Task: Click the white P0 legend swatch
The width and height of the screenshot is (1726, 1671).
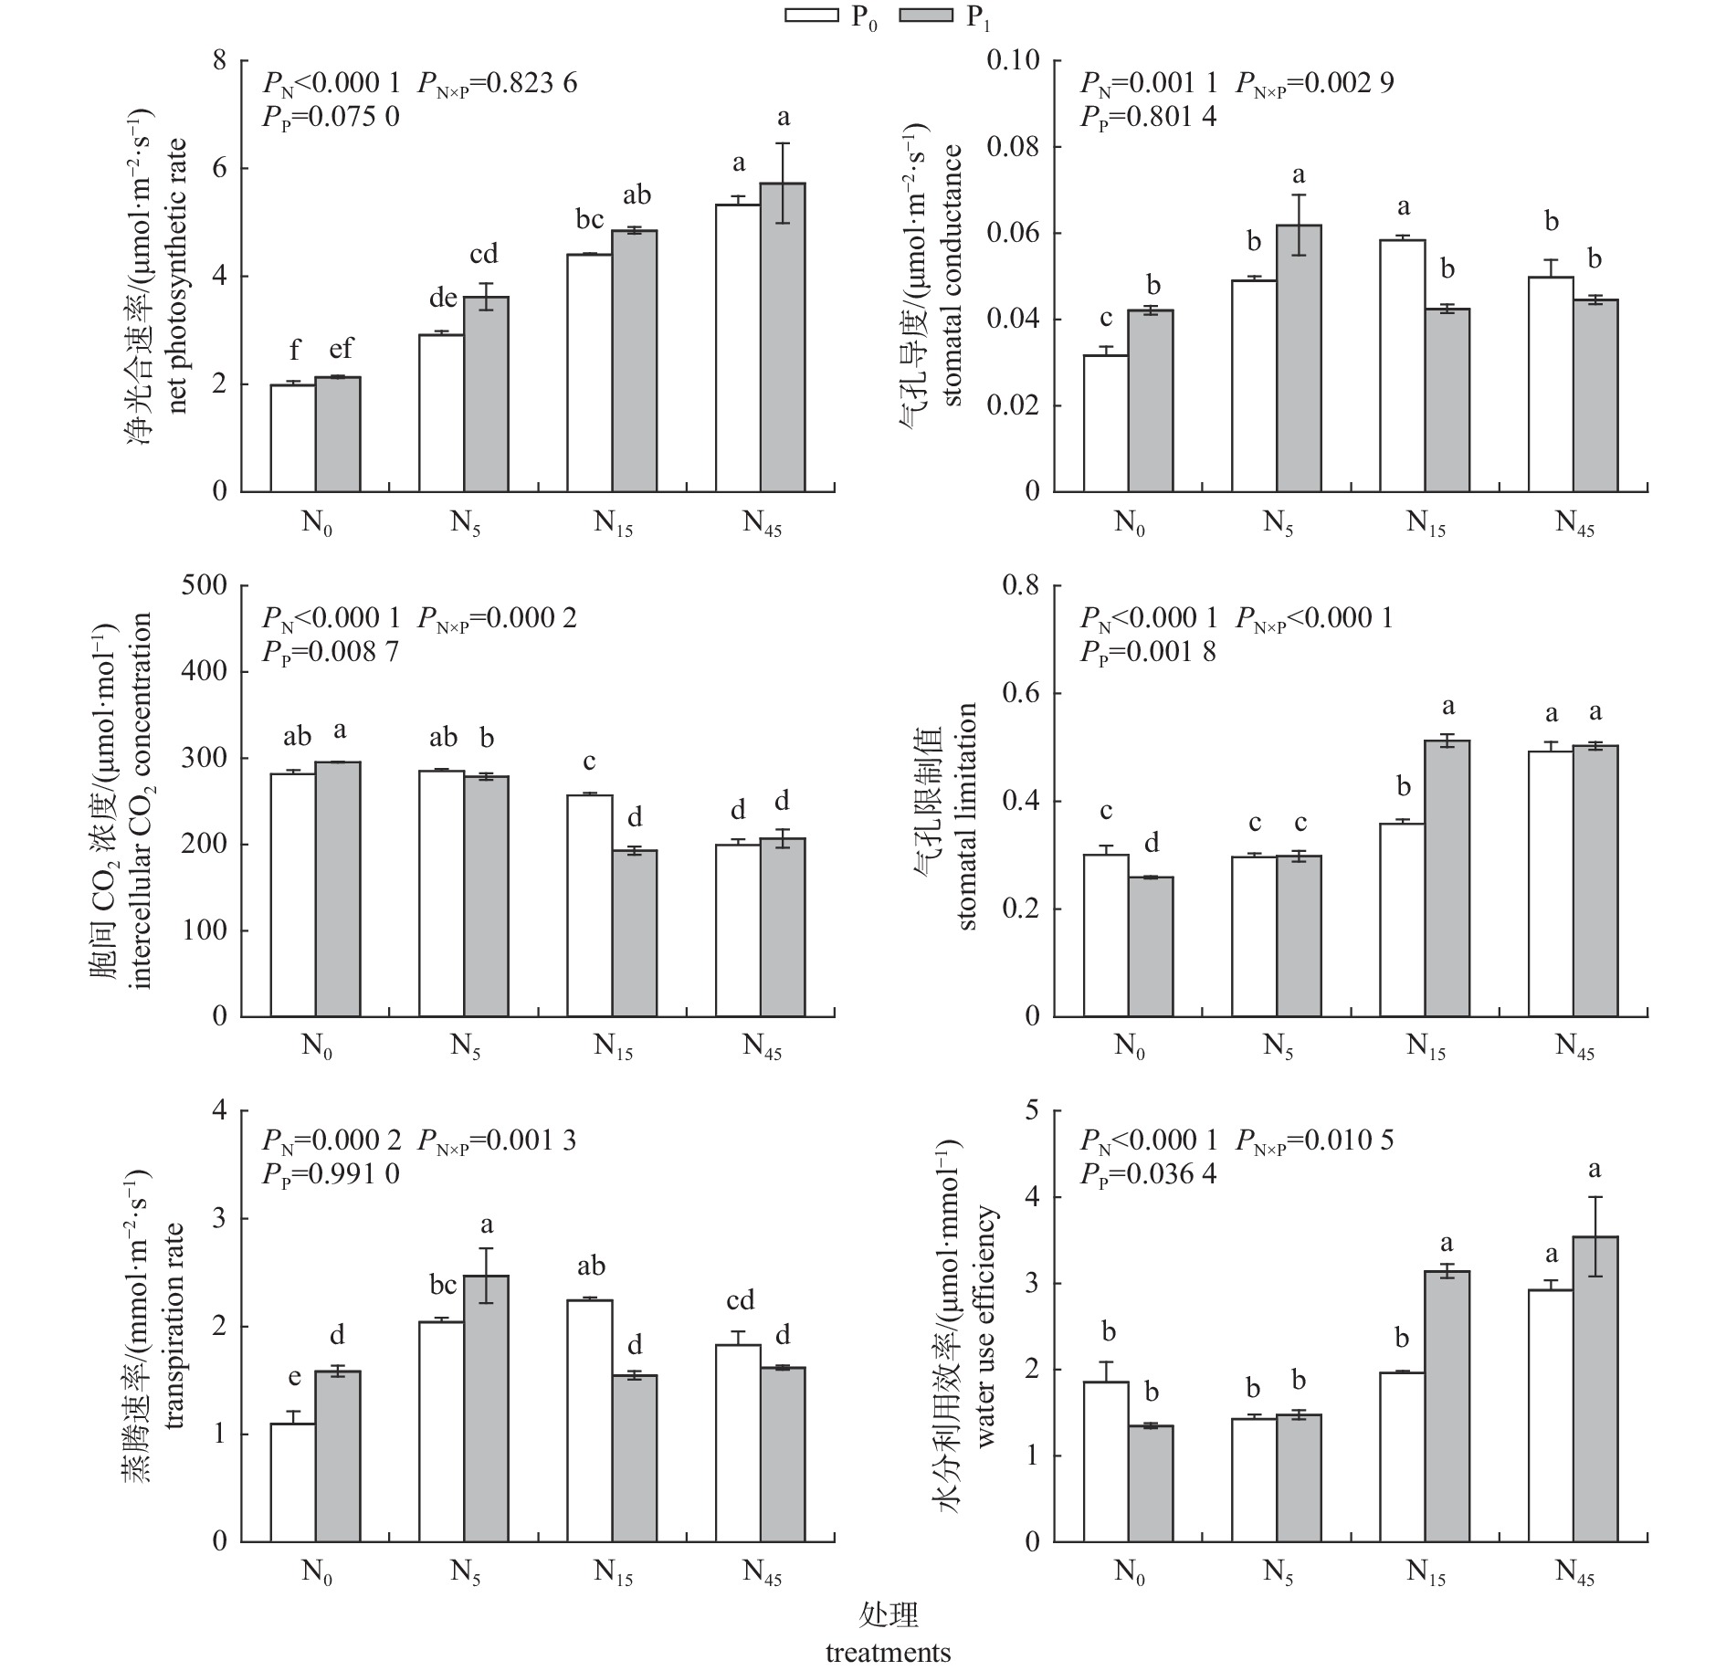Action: point(812,15)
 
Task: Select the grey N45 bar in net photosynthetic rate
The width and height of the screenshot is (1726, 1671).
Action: point(783,338)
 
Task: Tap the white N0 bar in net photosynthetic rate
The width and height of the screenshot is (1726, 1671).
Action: point(293,438)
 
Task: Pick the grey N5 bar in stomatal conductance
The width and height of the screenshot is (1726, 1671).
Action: point(1299,359)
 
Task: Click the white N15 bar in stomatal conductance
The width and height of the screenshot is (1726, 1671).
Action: point(1403,366)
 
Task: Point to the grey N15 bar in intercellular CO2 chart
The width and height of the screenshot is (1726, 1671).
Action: point(635,933)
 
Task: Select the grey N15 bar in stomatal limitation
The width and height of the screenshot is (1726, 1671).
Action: point(1447,878)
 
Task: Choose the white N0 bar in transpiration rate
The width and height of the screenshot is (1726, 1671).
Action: point(293,1482)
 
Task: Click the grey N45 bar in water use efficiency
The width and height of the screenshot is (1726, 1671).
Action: point(1595,1389)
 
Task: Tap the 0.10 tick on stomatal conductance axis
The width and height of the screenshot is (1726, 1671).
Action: point(1014,60)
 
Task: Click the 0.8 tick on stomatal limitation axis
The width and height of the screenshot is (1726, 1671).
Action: point(1021,585)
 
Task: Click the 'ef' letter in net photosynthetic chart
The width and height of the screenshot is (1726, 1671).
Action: point(334,348)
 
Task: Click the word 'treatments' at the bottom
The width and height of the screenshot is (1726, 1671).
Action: point(888,1653)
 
